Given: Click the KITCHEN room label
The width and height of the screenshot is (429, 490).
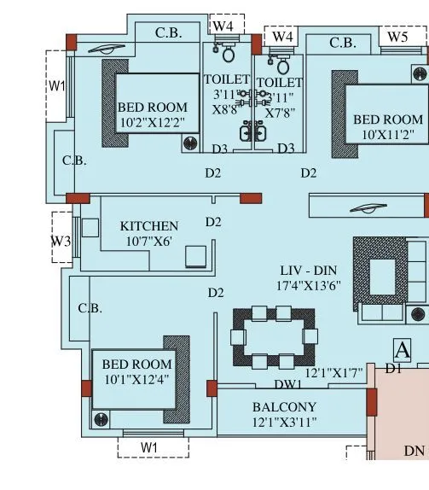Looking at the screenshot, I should coord(148,226).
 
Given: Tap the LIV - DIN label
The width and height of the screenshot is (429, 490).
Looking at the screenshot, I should coord(308,271).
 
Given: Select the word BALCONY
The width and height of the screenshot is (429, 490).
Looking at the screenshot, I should coord(284,407).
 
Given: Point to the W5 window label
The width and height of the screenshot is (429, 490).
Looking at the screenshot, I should coord(397,37).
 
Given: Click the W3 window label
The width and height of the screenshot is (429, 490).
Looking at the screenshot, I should coord(60,242).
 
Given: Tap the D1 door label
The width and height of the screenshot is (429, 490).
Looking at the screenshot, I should coord(392,369).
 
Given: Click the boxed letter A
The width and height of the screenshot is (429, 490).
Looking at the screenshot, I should coord(402,350).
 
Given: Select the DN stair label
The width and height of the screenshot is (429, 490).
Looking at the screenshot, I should coord(415,451).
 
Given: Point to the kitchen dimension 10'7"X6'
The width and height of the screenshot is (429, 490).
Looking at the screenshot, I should coord(148,242).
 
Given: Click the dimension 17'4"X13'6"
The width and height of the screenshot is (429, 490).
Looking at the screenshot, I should coord(308,286).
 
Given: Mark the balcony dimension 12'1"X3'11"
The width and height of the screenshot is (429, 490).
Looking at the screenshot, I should coord(284,422).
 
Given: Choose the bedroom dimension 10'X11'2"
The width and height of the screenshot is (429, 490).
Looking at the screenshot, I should coord(388,134).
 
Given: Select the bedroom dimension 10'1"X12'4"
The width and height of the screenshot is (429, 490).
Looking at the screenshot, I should coord(136,378).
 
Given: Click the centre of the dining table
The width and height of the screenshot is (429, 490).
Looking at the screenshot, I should coord(275,337).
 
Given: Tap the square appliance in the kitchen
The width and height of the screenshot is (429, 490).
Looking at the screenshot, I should coord(197,257).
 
